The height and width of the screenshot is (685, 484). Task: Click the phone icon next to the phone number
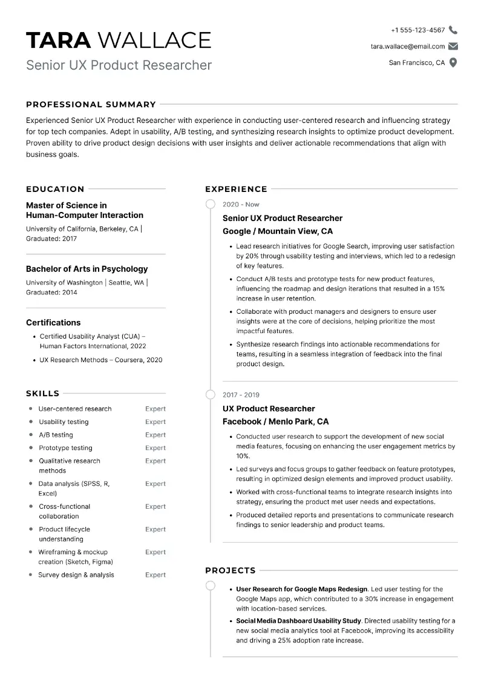tap(453, 30)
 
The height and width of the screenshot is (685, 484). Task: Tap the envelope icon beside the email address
tap(453, 46)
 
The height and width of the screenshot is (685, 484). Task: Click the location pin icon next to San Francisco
tap(453, 62)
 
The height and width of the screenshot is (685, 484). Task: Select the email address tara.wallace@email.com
tap(407, 46)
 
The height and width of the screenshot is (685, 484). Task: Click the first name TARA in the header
tap(58, 40)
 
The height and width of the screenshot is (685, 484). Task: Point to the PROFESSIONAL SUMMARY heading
tap(91, 104)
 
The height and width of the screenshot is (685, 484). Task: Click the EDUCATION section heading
tap(55, 189)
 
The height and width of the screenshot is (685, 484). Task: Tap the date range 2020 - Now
tap(241, 205)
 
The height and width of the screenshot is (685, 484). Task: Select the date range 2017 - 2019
tap(241, 395)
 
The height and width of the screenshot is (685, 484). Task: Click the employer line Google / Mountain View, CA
tap(278, 231)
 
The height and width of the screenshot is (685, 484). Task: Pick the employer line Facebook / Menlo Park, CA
tap(275, 422)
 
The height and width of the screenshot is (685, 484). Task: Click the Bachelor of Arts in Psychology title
tap(87, 269)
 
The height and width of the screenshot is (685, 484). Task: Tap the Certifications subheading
tap(53, 323)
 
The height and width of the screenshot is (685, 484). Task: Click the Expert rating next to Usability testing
tap(155, 422)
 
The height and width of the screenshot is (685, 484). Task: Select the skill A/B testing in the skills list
tap(56, 435)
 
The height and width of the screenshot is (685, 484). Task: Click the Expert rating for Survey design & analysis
tap(155, 575)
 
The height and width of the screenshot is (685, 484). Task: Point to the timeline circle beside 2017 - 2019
tap(210, 395)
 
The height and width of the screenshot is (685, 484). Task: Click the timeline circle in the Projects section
tap(210, 586)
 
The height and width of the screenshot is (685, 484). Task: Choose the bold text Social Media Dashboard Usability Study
tap(298, 621)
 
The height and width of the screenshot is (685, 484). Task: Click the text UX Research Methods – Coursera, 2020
tap(100, 360)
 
